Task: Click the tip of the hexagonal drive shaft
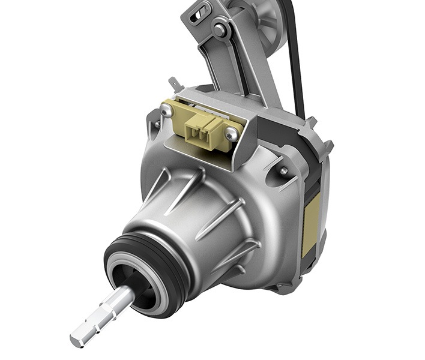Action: [x=77, y=341]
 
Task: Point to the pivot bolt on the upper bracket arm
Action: [x=220, y=29]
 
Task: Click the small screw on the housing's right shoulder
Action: [x=282, y=171]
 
